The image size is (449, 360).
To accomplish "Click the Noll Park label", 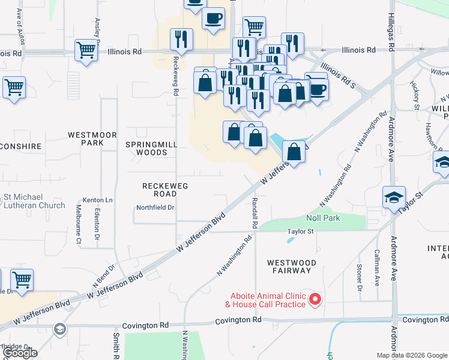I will click(x=323, y=218).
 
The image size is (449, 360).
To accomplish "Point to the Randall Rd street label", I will click(x=255, y=205).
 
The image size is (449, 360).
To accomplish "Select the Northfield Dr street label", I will click(x=154, y=208).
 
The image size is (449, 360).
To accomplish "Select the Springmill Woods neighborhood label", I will click(x=146, y=148).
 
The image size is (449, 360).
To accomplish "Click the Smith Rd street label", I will click(x=115, y=346).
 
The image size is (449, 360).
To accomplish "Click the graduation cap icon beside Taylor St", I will click(x=394, y=199).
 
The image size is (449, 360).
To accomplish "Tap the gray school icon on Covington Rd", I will click(x=59, y=329).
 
